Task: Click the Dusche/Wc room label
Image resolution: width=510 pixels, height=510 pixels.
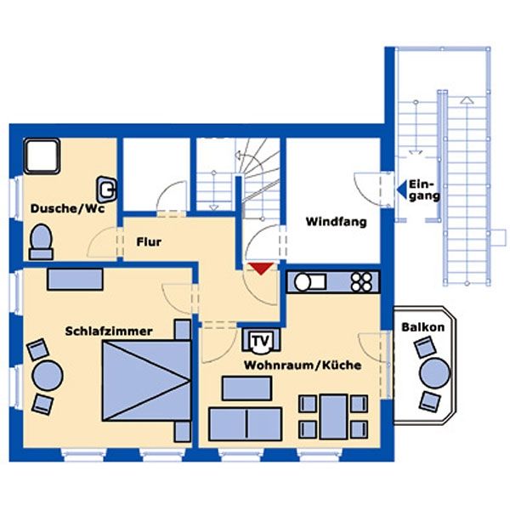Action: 68,208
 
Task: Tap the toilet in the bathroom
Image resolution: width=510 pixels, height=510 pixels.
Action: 41,241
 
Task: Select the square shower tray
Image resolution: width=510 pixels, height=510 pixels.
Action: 42,156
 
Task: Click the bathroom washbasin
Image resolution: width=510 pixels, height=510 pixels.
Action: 107,190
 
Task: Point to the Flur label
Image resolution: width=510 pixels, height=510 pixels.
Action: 149,242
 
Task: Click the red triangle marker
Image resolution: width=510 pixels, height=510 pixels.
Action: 261,269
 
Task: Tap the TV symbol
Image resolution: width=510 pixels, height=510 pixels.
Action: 261,341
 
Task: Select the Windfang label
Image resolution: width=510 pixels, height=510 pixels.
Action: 337,222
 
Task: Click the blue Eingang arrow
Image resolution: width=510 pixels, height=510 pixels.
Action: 402,190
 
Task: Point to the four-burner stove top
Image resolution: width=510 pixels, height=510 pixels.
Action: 362,282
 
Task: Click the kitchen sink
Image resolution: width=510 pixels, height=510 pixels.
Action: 309,282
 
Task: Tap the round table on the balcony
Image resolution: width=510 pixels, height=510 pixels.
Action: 434,373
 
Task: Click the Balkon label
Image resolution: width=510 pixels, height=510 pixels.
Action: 422,327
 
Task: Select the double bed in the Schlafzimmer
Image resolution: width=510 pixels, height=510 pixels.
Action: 146,381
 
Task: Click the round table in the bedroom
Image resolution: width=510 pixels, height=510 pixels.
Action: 48,376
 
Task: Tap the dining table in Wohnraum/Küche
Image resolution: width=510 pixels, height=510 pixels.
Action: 334,416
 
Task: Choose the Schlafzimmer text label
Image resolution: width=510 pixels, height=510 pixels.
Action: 109,331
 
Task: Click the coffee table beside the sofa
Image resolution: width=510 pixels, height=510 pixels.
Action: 246,388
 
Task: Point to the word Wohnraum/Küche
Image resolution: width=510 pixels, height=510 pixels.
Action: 303,365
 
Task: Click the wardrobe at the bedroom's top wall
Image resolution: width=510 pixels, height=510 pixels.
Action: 75,280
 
